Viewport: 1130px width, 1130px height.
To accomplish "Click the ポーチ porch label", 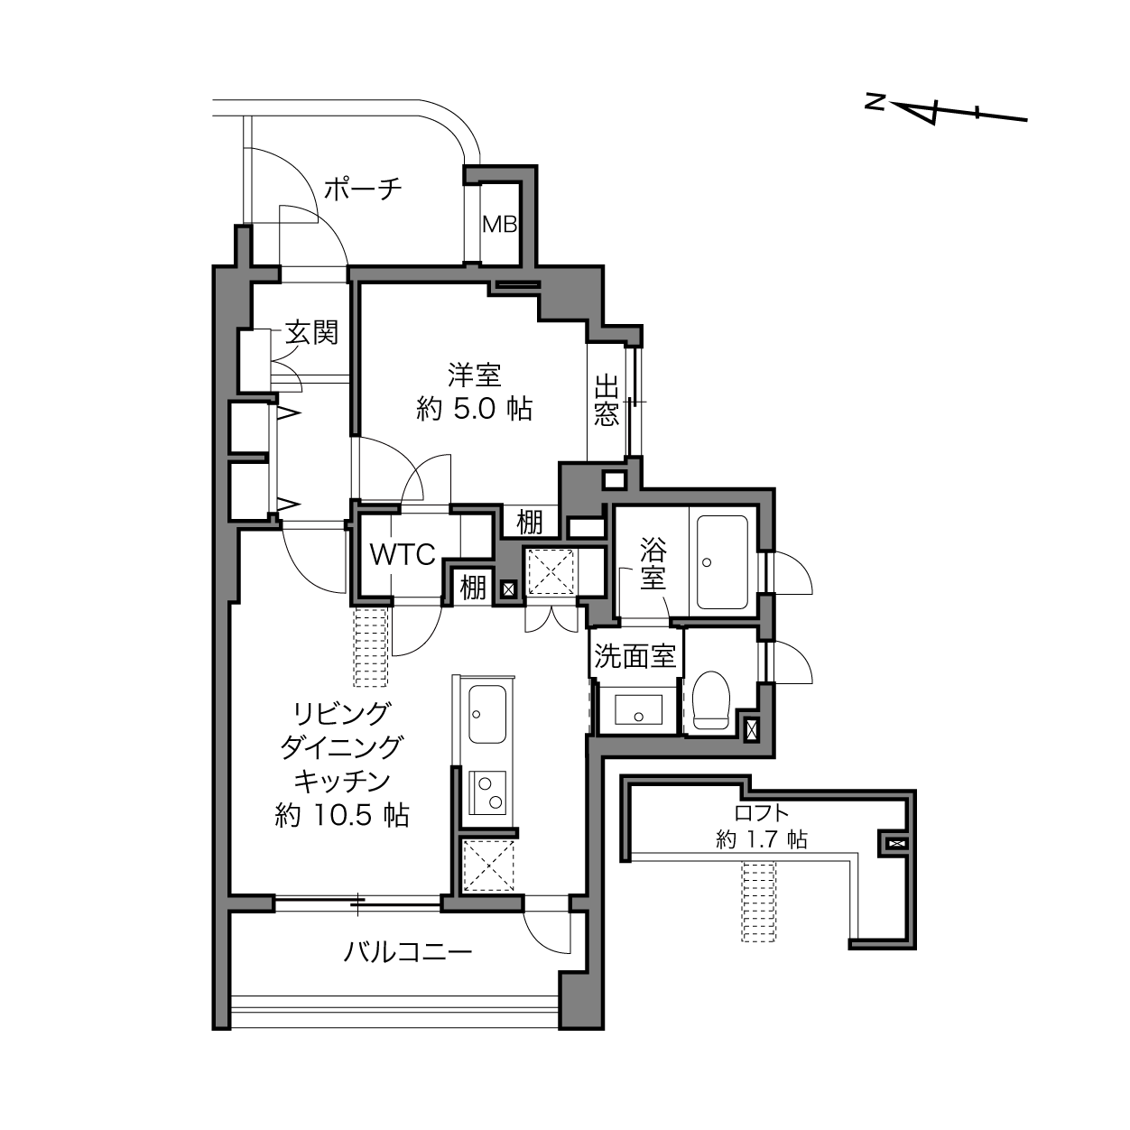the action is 363,190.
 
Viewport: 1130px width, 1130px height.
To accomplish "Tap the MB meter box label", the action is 500,224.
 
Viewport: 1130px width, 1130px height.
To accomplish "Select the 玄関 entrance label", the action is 312,333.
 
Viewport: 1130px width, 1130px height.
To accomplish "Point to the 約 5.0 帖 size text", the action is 475,409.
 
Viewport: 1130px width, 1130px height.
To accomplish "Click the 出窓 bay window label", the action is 607,401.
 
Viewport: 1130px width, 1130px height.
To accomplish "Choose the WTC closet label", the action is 403,554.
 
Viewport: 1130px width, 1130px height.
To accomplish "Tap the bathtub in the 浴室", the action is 722,562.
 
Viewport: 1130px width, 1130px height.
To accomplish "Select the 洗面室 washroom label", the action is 635,656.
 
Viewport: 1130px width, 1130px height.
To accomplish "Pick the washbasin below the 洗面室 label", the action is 639,710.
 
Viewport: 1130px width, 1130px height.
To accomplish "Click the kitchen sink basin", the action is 487,714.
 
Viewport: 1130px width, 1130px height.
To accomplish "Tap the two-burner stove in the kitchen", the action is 487,792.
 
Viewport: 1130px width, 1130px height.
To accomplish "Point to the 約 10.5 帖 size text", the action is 342,814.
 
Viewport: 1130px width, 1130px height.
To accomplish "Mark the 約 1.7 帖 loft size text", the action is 761,839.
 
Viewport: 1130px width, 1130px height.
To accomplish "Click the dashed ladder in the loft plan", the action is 759,902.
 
